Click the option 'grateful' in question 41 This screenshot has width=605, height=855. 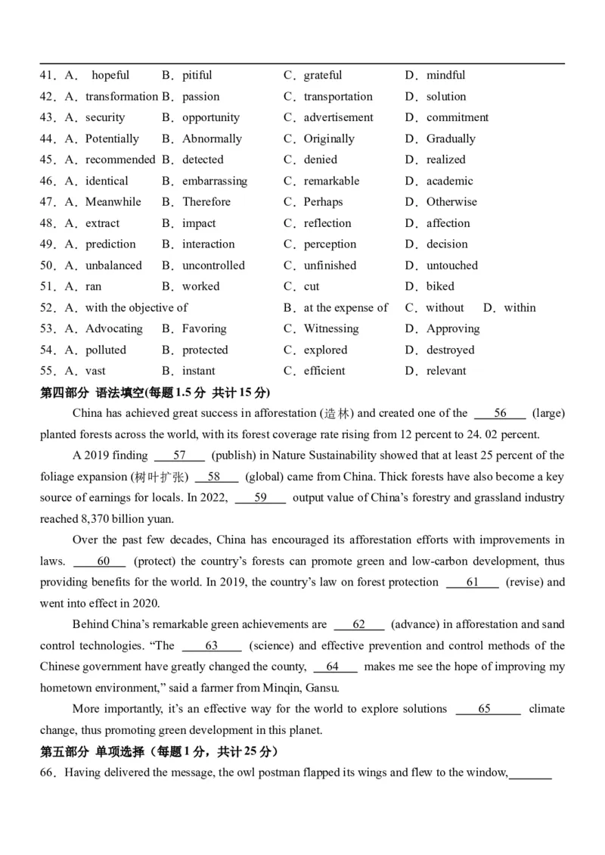(323, 75)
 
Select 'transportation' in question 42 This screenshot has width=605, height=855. (338, 96)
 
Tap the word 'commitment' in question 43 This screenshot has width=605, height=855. (458, 117)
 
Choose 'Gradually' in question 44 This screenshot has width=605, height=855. (451, 138)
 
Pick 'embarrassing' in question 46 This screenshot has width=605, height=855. (214, 181)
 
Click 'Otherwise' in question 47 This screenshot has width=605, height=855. (451, 202)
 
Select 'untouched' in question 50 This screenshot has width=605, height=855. (452, 266)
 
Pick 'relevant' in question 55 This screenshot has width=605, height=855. (446, 372)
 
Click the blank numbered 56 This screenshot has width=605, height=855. (500, 413)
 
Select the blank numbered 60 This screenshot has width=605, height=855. (103, 561)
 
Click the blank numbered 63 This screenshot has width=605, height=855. (212, 646)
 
